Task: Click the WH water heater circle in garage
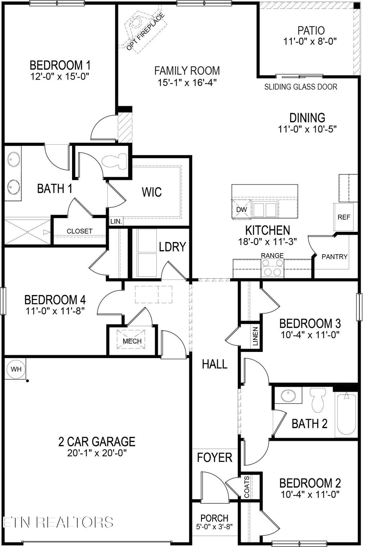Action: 16,369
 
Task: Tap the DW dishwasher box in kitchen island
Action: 241,209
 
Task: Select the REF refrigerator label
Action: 344,217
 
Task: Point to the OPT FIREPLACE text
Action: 146,31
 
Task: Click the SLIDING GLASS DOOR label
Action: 301,87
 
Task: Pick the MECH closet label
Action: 132,341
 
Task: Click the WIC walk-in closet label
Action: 152,192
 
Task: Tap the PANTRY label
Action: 334,256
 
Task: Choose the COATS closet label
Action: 247,487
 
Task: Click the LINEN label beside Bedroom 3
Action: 255,336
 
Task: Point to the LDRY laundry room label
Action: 172,247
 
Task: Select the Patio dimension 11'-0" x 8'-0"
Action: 310,41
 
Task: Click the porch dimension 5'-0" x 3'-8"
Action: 214,526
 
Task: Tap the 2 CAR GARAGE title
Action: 97,441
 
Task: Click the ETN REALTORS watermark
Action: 58,522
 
